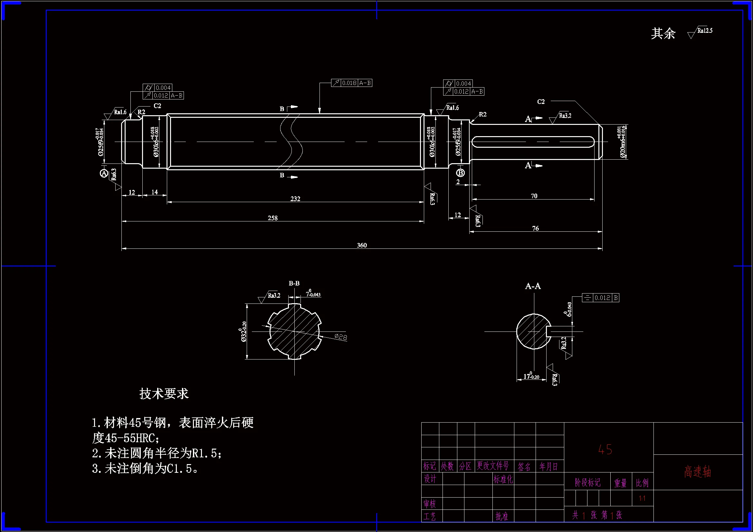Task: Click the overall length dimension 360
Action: pyautogui.click(x=362, y=245)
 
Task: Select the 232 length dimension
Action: pyautogui.click(x=295, y=199)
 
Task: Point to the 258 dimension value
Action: pyautogui.click(x=272, y=218)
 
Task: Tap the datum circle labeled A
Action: pyautogui.click(x=104, y=173)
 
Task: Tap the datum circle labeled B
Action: pyautogui.click(x=461, y=173)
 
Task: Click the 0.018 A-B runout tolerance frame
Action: pyautogui.click(x=352, y=83)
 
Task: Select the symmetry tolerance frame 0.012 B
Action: pyautogui.click(x=600, y=298)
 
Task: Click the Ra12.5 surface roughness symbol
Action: pyautogui.click(x=700, y=32)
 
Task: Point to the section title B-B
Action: pyautogui.click(x=294, y=283)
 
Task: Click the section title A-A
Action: pyautogui.click(x=533, y=286)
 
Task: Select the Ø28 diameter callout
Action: pyautogui.click(x=341, y=337)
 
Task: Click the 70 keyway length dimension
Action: pyautogui.click(x=534, y=196)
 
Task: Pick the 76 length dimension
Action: pyautogui.click(x=535, y=228)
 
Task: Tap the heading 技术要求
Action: pyautogui.click(x=164, y=393)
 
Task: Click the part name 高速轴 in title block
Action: pyautogui.click(x=698, y=472)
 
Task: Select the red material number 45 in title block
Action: pyautogui.click(x=605, y=449)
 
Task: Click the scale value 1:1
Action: pyautogui.click(x=642, y=498)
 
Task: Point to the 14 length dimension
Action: pyautogui.click(x=155, y=192)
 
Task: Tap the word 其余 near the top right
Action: pyautogui.click(x=663, y=33)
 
